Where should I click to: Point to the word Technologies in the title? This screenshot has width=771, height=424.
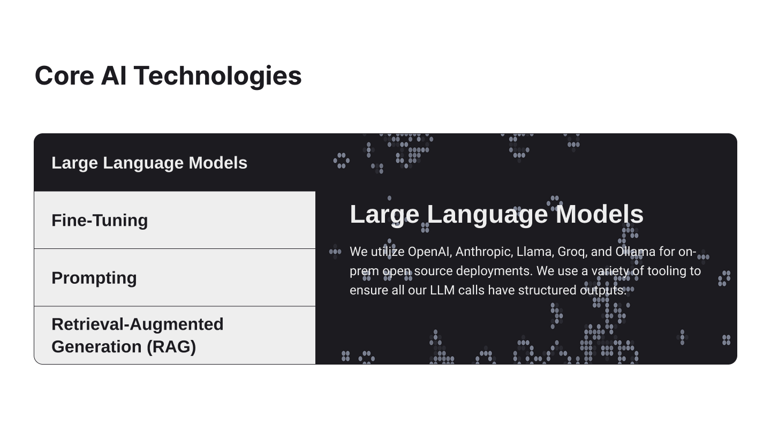click(217, 75)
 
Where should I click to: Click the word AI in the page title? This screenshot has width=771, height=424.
click(114, 75)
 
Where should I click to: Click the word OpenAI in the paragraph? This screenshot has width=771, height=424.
click(428, 252)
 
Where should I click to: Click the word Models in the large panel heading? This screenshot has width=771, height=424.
click(600, 214)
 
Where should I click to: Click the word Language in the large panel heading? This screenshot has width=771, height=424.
click(487, 214)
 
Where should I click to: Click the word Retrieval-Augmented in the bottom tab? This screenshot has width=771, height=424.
click(137, 324)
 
